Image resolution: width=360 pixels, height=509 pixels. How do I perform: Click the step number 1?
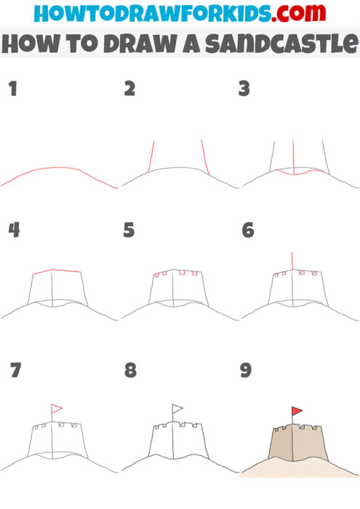[12, 89]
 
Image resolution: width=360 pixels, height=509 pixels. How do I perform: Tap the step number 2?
[130, 89]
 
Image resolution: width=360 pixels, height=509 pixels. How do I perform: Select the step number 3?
[245, 89]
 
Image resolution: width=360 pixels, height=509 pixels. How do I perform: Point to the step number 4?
[13, 231]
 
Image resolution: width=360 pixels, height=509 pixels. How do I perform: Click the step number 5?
[129, 231]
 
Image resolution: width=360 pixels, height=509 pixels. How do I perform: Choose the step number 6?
[247, 231]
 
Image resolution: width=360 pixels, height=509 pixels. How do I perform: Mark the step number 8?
[130, 370]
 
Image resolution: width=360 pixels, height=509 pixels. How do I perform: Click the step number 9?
[246, 370]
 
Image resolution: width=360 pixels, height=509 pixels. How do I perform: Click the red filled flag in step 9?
[297, 412]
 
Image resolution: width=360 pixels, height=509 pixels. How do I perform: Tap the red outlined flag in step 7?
[57, 409]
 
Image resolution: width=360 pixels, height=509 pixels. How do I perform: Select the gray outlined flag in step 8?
[177, 409]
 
